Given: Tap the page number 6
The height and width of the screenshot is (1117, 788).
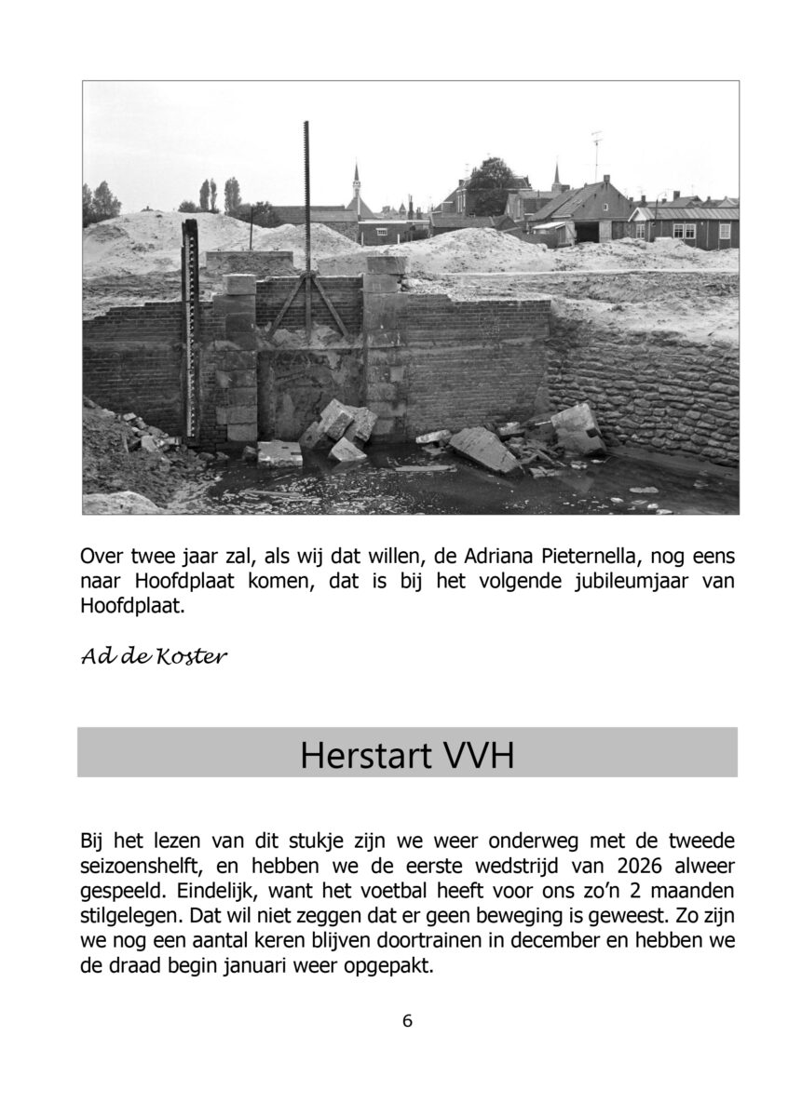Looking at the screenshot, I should click(407, 1020).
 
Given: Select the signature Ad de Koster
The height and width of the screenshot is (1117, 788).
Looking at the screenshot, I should click(154, 657).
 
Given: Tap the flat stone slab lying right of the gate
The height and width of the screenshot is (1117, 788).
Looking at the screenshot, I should click(483, 449).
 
